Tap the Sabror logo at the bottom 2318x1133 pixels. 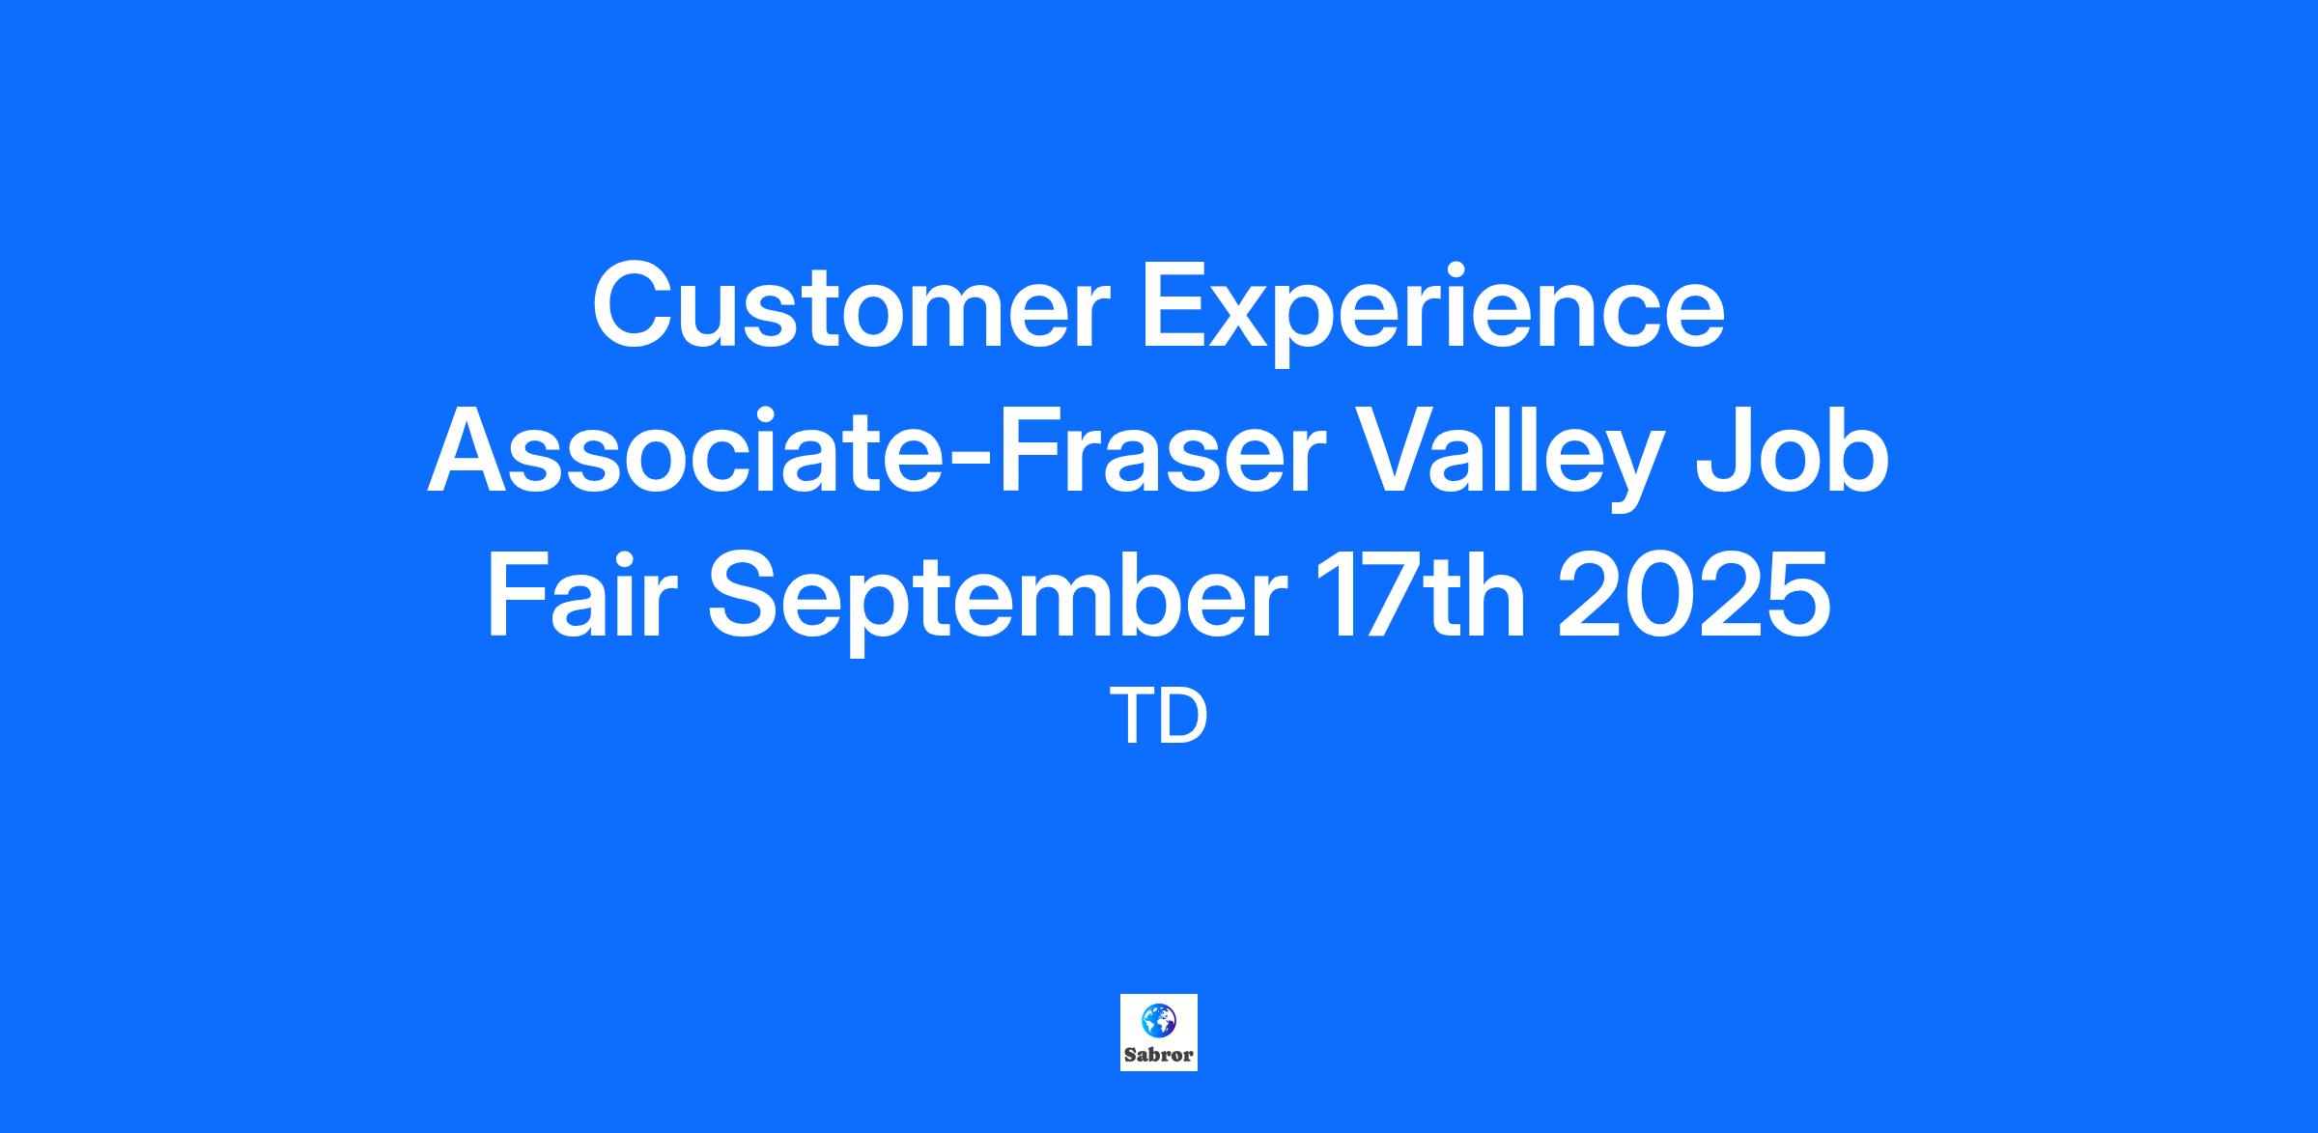[x=1159, y=1033]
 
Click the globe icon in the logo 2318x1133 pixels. [x=1159, y=1018]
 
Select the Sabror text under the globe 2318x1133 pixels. [x=1159, y=1055]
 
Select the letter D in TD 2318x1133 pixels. [x=1183, y=718]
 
